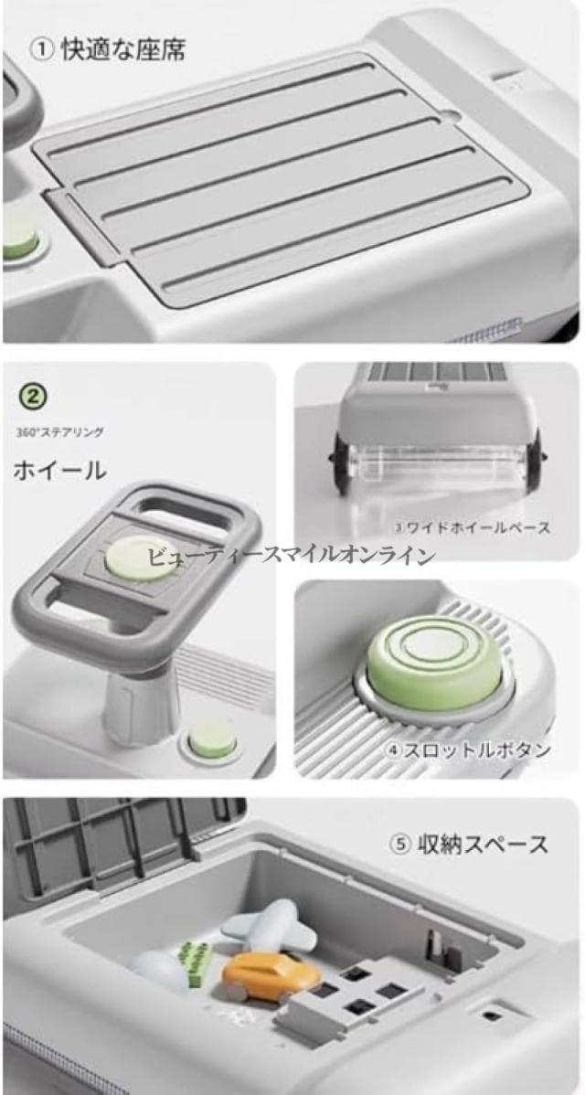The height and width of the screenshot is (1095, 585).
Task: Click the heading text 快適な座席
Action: point(123,51)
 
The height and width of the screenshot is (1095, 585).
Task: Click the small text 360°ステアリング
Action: point(59,432)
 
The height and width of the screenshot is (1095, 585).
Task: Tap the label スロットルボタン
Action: point(469,750)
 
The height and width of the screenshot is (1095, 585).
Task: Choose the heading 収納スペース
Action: point(469,844)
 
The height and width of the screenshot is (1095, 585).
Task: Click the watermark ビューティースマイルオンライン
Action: point(291,556)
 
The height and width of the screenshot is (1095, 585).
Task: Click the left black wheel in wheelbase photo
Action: point(341,463)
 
